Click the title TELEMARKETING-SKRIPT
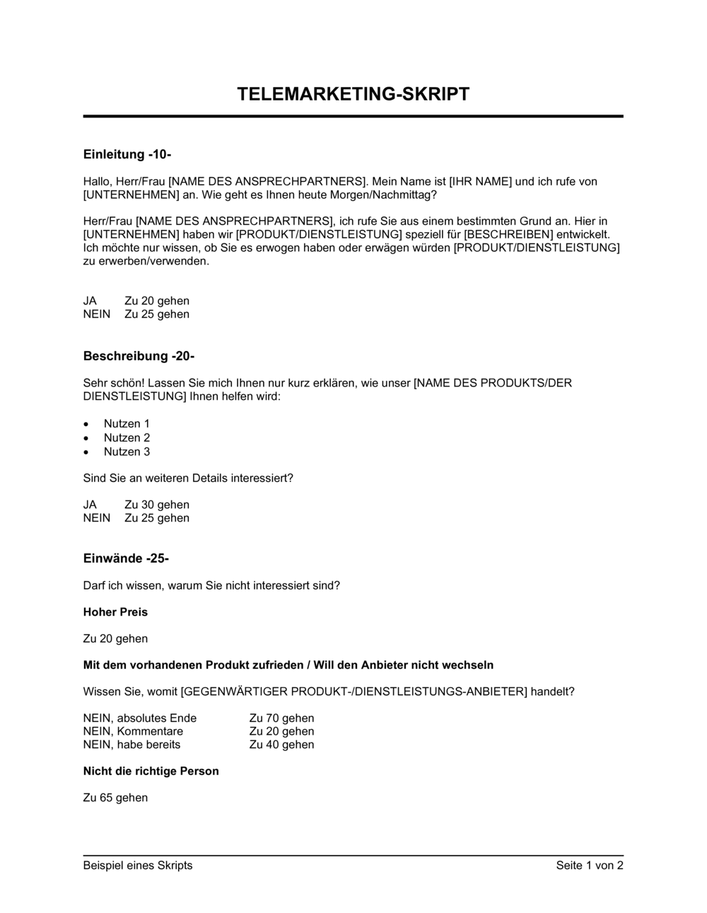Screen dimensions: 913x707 [353, 94]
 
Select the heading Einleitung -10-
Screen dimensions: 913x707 [127, 154]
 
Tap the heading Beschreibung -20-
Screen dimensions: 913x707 [139, 356]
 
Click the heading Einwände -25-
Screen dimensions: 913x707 [126, 558]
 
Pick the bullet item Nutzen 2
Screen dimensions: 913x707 [127, 437]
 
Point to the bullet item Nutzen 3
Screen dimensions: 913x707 [127, 452]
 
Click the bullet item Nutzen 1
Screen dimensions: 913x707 [127, 424]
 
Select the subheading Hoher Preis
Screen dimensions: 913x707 [115, 611]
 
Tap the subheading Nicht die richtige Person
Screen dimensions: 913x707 [151, 771]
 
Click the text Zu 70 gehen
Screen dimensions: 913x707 [281, 718]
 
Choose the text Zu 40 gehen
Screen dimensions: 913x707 [281, 745]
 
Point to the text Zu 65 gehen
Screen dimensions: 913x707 [115, 798]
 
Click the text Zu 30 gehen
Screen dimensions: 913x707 [157, 505]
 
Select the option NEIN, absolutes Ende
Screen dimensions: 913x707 [140, 718]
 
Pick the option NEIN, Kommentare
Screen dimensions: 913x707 [133, 731]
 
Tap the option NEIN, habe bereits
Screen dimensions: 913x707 [132, 745]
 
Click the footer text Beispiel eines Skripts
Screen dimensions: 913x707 [138, 865]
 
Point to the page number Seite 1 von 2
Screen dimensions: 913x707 [590, 865]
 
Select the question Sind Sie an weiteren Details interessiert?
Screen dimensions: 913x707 [188, 478]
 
